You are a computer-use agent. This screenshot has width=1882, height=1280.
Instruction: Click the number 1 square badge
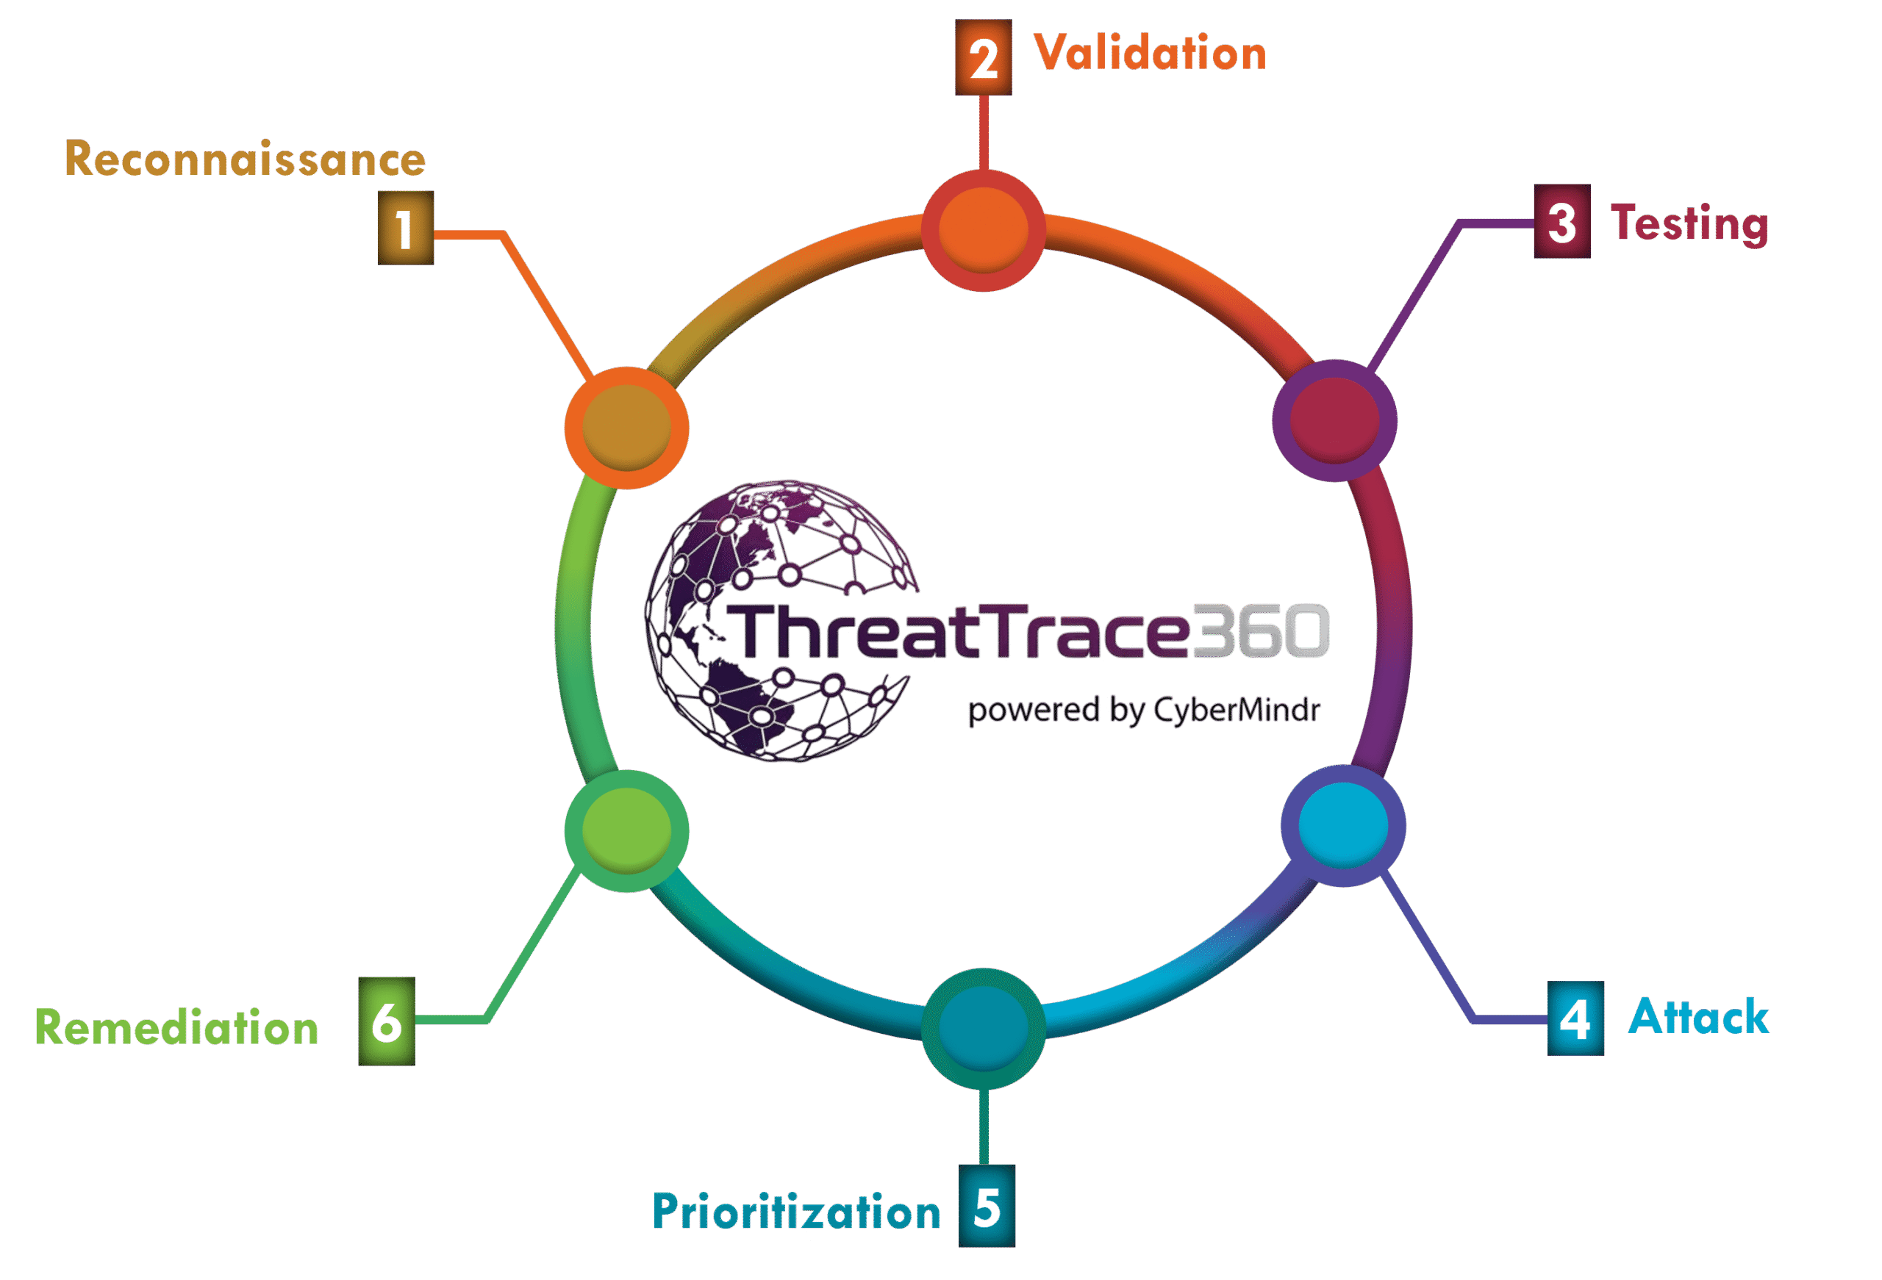click(x=406, y=228)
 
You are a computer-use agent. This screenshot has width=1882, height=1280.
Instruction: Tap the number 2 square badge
click(x=983, y=57)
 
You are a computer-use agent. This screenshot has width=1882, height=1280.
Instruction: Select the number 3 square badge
click(x=1561, y=221)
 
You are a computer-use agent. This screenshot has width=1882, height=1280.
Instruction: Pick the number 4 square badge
click(x=1575, y=1018)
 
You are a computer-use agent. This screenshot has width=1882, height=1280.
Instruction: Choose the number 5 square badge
click(x=987, y=1206)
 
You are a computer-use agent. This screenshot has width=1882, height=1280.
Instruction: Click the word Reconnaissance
click(x=245, y=158)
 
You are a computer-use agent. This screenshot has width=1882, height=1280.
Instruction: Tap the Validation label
click(x=1150, y=54)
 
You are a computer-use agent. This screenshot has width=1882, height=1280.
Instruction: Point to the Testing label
click(x=1689, y=223)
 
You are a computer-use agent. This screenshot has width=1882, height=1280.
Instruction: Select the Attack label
click(x=1698, y=1017)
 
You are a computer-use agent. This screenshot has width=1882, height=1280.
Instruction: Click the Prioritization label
click(x=796, y=1211)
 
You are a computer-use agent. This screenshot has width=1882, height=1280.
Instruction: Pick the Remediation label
click(x=176, y=1027)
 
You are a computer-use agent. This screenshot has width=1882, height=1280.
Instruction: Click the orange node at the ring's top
click(x=983, y=230)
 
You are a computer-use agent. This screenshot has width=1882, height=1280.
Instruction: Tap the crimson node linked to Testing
click(x=1334, y=420)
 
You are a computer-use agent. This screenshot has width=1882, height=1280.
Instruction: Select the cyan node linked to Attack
click(x=1342, y=825)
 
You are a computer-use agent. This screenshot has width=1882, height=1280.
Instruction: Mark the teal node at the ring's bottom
click(x=983, y=1028)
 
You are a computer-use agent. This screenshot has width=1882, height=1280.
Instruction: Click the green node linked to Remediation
click(x=626, y=830)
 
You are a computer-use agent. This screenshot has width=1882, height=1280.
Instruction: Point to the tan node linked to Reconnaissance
click(x=626, y=428)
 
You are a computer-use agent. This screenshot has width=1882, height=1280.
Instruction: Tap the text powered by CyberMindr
click(x=1143, y=710)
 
